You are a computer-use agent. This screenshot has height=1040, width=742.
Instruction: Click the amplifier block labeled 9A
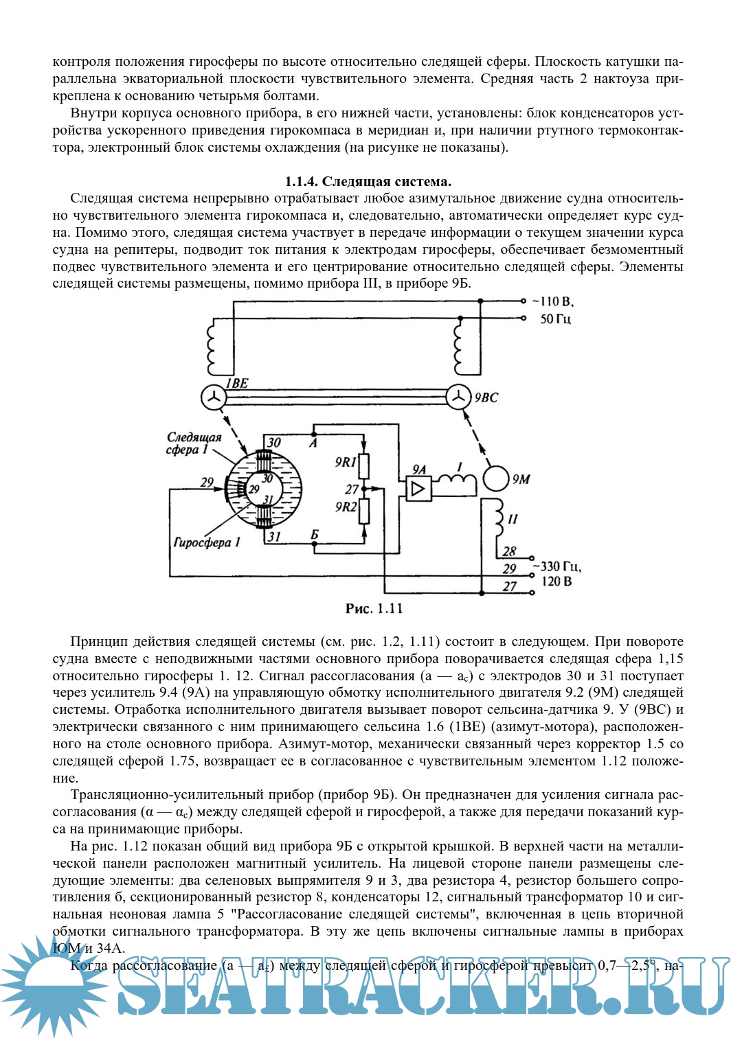click(x=418, y=488)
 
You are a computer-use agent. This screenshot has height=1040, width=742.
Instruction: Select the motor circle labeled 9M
click(x=496, y=478)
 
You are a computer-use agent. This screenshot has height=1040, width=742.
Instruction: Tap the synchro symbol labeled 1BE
click(x=214, y=396)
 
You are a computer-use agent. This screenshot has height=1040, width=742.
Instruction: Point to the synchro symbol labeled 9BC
click(x=458, y=396)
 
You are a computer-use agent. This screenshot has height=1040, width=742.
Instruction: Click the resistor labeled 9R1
click(x=365, y=466)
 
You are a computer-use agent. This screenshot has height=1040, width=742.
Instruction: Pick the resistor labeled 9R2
click(x=365, y=511)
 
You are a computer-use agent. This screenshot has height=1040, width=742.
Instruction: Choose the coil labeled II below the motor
click(x=495, y=521)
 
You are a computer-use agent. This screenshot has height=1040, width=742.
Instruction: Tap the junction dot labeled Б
click(x=313, y=544)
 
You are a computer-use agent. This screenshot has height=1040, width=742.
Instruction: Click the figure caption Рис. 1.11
click(x=374, y=608)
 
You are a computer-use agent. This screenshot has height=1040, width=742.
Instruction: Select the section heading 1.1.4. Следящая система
click(x=368, y=181)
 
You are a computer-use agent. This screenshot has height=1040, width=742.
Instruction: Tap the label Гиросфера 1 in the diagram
click(x=207, y=542)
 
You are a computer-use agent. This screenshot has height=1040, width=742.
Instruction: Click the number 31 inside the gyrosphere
click(x=268, y=499)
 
